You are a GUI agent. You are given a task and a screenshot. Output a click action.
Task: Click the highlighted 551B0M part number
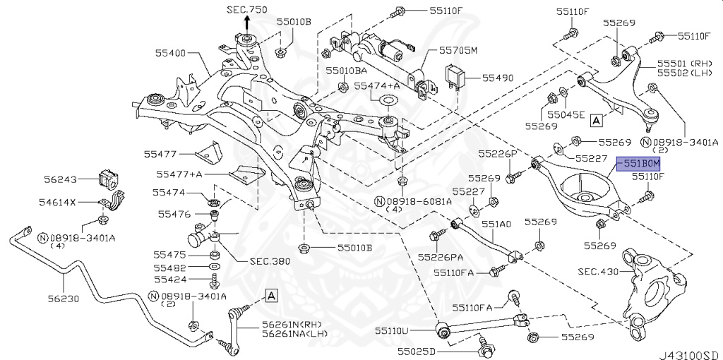(640, 163)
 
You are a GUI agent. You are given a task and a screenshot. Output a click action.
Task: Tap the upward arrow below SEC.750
(246, 23)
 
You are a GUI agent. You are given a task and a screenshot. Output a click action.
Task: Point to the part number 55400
(172, 54)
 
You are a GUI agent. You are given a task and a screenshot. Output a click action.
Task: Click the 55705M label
(458, 51)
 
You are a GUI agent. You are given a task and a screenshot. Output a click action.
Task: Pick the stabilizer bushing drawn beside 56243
(109, 178)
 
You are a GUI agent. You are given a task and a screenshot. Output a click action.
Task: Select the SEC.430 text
(597, 270)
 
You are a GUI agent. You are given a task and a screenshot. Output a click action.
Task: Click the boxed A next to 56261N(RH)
(272, 294)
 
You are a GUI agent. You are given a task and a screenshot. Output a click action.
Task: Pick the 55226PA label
(441, 256)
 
